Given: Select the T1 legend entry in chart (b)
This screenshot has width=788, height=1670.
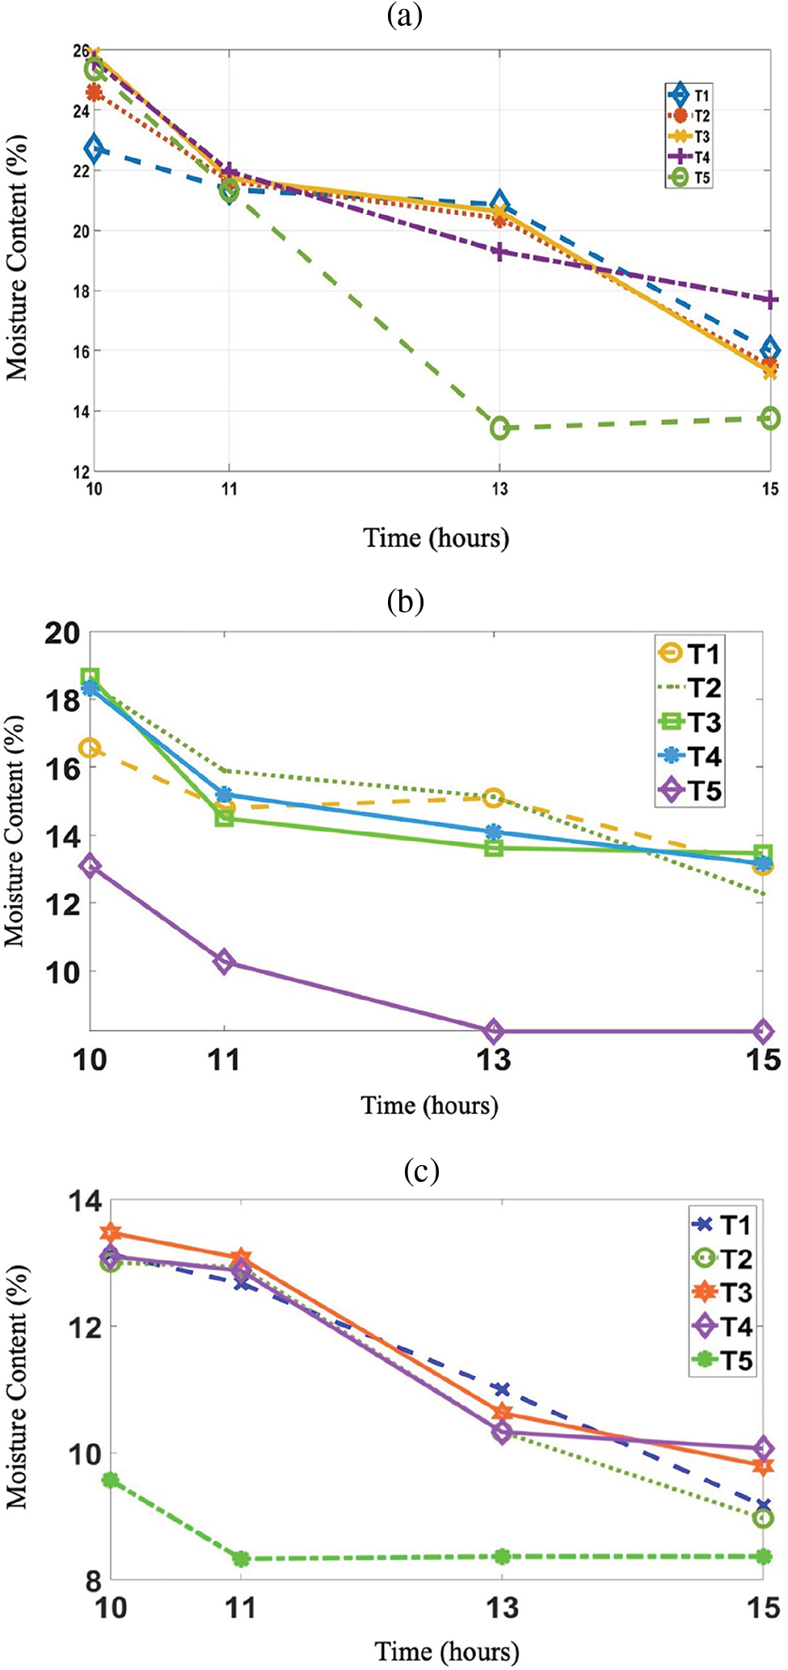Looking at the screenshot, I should coord(690,653).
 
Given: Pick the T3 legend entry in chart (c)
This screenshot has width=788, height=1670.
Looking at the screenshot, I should coord(723,1293).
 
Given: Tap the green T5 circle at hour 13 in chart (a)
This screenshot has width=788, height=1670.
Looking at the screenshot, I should coord(499,428).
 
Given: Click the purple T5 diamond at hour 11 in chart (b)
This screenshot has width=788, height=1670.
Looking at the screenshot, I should coord(225,962).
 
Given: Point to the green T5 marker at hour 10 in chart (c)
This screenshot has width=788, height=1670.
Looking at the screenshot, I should coord(111,1480).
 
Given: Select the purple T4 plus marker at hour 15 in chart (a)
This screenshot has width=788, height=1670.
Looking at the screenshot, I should coord(770,300).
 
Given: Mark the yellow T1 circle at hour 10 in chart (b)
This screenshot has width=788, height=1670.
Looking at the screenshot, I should coord(90,748).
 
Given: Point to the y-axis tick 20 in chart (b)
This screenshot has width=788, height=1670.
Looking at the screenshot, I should coord(62,633).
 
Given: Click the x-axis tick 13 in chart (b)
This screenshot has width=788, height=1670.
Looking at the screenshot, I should coord(493,1059).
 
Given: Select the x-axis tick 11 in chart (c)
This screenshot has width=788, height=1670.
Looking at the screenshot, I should coord(240,1608).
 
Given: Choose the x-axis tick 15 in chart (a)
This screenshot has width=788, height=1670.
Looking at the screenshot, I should coord(770,489).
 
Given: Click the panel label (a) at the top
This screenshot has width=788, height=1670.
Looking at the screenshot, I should coord(405,15).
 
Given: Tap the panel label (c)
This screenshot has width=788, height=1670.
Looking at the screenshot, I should coord(421,1171).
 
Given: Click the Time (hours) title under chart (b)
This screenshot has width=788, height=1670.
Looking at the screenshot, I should coord(429,1105).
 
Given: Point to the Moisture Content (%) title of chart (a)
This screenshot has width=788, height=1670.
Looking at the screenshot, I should coord(17,257).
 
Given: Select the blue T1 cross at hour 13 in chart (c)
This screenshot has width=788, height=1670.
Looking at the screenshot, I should coord(502,1390).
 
